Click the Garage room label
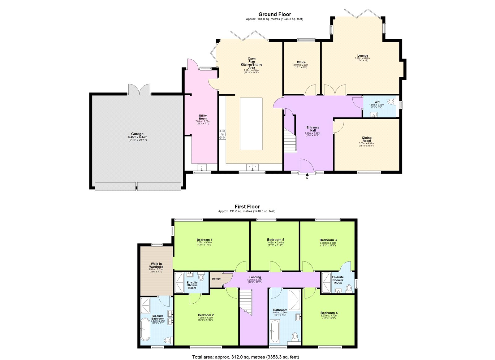tap(137, 134)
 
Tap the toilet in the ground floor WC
tap(392, 101)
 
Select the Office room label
tap(301, 62)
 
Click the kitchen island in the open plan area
tap(251, 124)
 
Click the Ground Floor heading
tap(275, 14)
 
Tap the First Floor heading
tap(247, 207)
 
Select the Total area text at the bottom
tap(246, 357)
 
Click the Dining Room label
tap(367, 139)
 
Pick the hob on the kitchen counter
tap(222, 134)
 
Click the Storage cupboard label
tap(216, 279)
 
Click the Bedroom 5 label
tap(275, 240)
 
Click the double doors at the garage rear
tap(140, 89)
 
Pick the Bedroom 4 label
tap(329, 313)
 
